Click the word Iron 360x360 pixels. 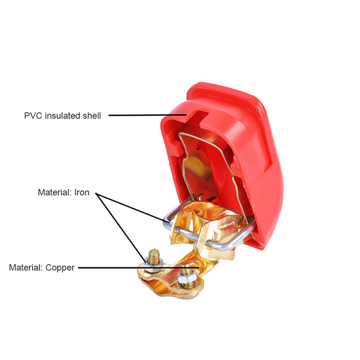pos(82,193)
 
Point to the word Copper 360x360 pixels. pos(60,268)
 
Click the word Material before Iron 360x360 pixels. pos(54,193)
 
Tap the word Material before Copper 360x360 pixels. pos(26,268)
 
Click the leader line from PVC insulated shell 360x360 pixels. pos(148,115)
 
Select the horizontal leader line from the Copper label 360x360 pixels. pos(139,268)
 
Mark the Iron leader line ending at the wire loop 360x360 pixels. pos(133,208)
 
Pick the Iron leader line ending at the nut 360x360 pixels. pos(121,228)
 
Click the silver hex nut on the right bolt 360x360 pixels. pos(186,277)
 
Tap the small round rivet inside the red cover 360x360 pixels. pos(202,197)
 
